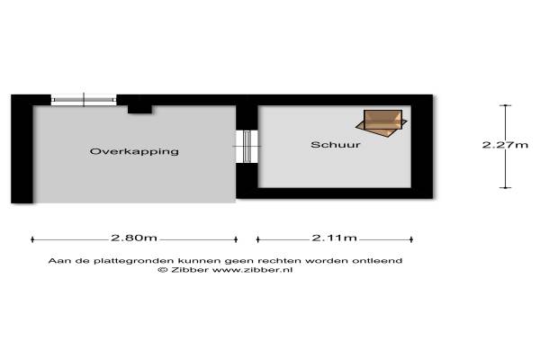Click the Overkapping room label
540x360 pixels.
coord(134,151)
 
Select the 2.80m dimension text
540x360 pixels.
coord(134,238)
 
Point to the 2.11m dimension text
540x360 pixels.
coord(334,238)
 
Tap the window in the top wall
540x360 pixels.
coord(83,100)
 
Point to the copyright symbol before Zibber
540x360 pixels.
coord(162,269)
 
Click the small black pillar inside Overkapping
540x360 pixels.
coord(139,109)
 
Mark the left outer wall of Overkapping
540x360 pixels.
coord(22,148)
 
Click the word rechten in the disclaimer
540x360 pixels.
coord(285,260)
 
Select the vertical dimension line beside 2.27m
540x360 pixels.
coord(504,166)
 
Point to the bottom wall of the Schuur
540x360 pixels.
coord(337,192)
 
